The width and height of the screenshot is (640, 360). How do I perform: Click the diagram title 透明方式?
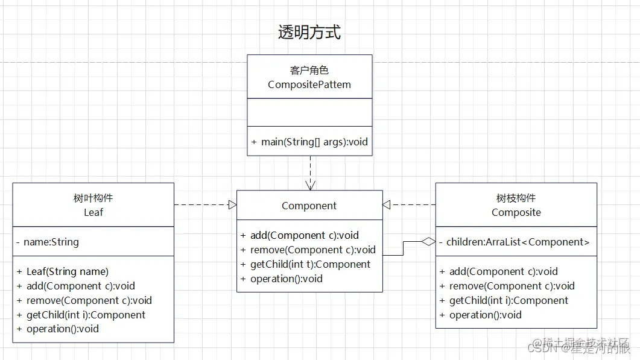point(309,33)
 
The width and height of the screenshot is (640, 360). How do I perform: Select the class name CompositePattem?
point(309,85)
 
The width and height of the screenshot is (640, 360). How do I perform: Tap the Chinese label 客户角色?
point(309,71)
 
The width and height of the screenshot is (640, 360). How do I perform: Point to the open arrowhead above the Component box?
point(310,185)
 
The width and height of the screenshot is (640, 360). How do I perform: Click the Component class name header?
point(309,206)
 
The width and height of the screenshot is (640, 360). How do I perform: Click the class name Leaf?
point(93,212)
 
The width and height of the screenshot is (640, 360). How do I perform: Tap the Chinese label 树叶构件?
point(93,198)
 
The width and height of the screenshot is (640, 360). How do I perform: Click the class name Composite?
point(516,212)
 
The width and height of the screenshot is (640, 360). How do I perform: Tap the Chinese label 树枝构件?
point(516,198)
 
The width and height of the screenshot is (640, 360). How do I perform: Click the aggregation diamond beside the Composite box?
point(428,242)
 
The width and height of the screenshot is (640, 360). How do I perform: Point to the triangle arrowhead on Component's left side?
point(232,205)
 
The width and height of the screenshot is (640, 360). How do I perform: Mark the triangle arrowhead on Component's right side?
point(387,205)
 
